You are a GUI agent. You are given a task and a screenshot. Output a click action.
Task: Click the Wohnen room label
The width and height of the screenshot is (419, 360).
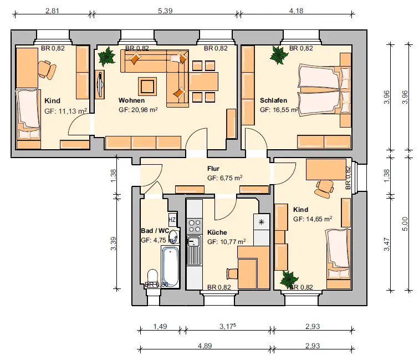click(x=131, y=100)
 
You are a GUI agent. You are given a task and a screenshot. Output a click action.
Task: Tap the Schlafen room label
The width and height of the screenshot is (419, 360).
click(x=273, y=100)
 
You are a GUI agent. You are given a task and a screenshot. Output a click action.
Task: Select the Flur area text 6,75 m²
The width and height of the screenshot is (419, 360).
click(x=224, y=178)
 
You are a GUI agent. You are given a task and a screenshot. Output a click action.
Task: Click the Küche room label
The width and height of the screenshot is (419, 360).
click(x=217, y=232)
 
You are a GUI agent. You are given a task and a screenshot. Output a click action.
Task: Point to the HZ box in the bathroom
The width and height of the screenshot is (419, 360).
click(x=172, y=220)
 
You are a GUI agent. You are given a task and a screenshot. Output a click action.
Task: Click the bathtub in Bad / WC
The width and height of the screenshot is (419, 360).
click(x=170, y=267)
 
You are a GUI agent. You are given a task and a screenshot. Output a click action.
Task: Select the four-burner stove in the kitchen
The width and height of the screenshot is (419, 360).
click(x=195, y=226)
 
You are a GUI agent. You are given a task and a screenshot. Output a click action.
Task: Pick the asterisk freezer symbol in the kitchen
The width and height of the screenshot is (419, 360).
click(x=262, y=222)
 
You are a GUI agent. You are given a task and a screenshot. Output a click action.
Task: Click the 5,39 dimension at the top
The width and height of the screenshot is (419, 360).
click(x=165, y=11)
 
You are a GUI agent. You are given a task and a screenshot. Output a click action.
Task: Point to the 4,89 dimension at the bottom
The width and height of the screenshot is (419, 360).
click(x=205, y=346)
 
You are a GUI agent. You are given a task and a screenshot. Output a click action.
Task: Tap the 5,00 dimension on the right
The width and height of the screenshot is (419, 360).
click(x=405, y=224)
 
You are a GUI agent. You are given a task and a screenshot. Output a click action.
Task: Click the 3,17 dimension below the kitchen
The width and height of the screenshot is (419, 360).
click(x=228, y=326)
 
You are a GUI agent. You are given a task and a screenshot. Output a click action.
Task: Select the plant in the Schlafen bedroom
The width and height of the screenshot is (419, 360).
click(x=279, y=55)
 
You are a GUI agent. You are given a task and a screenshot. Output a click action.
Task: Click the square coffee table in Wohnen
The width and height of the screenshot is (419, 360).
click(x=147, y=86)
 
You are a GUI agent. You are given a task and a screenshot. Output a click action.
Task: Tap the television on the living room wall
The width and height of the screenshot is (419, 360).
click(x=100, y=84)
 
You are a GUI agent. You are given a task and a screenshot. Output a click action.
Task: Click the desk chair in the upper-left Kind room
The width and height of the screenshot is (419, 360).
click(x=47, y=69)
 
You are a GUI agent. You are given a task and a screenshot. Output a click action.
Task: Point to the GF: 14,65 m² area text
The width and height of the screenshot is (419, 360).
click(x=313, y=219)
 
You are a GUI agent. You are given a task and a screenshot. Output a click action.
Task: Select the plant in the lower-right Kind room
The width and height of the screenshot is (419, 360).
click(x=289, y=280)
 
